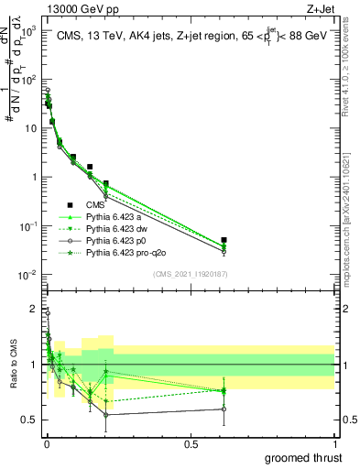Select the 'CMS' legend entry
pyautogui.click(x=94, y=205)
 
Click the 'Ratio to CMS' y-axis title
pyautogui.click(x=13, y=365)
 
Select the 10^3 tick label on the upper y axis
pyautogui.click(x=27, y=29)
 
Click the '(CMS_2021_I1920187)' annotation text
pyautogui.click(x=190, y=274)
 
